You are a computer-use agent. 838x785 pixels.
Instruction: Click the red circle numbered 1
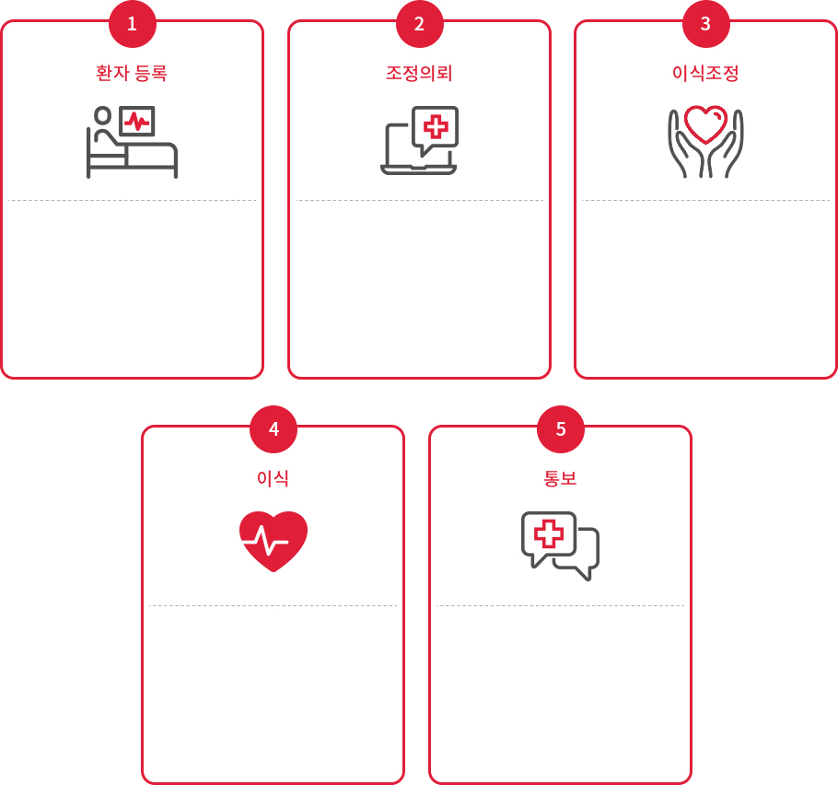(132, 24)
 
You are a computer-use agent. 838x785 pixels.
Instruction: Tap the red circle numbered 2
(419, 24)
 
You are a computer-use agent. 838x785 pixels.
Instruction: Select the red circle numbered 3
(705, 24)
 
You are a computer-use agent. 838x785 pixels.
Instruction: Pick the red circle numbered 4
(274, 429)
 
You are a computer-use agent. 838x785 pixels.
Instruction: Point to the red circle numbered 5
(560, 429)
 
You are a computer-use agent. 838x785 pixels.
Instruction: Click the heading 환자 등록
(132, 73)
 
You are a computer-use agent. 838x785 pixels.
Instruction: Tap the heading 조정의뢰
(419, 73)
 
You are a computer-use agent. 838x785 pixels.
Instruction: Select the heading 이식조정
(705, 73)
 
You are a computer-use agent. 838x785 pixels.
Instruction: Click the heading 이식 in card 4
(274, 478)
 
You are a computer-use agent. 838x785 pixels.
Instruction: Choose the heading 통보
(560, 478)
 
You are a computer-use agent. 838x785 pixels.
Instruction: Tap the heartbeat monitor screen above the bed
(137, 121)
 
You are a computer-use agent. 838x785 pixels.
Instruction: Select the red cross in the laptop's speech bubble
(435, 127)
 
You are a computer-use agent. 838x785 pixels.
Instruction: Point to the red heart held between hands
(705, 124)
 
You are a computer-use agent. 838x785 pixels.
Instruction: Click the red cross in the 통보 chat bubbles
(549, 533)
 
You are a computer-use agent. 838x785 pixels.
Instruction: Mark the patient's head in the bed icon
(102, 116)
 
